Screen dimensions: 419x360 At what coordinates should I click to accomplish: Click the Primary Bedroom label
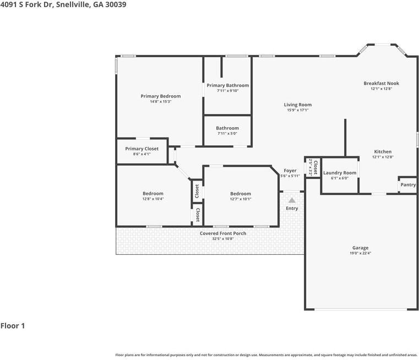point(161,96)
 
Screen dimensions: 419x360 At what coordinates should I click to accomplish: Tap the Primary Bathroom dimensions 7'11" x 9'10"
point(228,91)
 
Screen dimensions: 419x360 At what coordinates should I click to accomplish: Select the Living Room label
point(298,105)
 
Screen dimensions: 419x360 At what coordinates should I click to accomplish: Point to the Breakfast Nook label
point(382,83)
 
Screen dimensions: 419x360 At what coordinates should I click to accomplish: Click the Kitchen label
point(383,151)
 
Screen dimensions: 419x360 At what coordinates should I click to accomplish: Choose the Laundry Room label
point(340,173)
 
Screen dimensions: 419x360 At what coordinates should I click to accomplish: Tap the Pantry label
point(408,184)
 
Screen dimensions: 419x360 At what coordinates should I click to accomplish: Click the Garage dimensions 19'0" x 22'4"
point(361,253)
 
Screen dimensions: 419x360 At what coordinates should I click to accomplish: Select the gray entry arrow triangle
point(292,200)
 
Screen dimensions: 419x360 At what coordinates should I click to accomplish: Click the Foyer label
point(290,171)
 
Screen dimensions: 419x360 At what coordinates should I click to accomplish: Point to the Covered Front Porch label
point(223,233)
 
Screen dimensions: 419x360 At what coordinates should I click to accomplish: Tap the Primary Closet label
point(142,149)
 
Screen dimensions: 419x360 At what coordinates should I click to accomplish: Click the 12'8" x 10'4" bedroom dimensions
point(153,199)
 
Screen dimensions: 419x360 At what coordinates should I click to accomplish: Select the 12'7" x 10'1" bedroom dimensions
point(241,199)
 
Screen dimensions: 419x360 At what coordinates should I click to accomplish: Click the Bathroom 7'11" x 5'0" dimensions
point(227,134)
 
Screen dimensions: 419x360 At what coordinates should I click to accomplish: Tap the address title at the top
point(63,4)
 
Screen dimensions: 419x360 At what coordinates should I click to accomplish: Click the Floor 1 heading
point(13,326)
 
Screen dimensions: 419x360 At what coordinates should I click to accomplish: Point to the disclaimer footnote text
point(266,355)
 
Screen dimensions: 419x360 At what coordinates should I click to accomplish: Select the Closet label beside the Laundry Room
point(315,167)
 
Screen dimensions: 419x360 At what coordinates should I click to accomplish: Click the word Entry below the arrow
point(292,208)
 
